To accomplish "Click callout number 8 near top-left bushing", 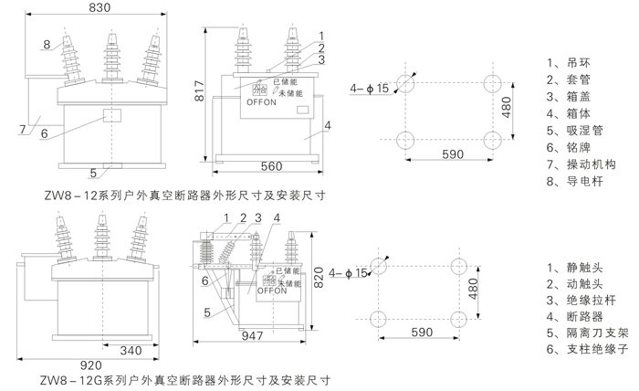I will (x=45, y=44).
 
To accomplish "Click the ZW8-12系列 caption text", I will (x=173, y=195).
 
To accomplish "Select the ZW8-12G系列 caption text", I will (x=177, y=377).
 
